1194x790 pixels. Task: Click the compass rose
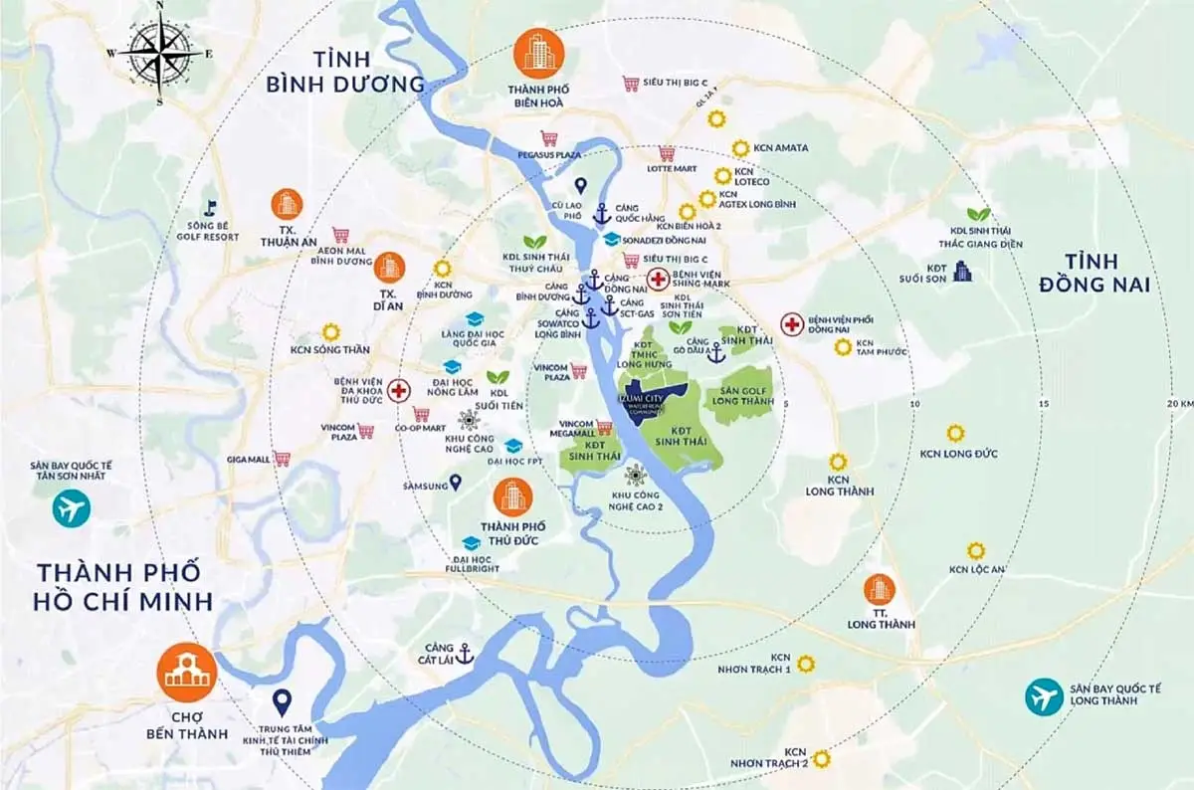tap(160, 52)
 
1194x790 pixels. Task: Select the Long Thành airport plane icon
tap(1044, 695)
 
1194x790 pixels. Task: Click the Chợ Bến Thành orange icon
tap(186, 673)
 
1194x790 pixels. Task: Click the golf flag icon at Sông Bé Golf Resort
tap(210, 207)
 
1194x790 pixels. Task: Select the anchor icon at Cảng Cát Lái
tap(463, 654)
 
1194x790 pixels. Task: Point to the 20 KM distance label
tap(1179, 403)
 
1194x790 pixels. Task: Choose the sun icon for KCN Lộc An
tap(976, 550)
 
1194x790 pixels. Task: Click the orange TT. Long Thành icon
tap(879, 589)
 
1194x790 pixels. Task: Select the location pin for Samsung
tap(456, 483)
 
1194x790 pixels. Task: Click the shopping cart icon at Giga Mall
tap(283, 459)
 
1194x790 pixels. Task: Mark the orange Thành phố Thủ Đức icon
tap(512, 494)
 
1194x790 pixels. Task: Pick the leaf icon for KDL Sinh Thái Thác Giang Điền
tap(979, 214)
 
